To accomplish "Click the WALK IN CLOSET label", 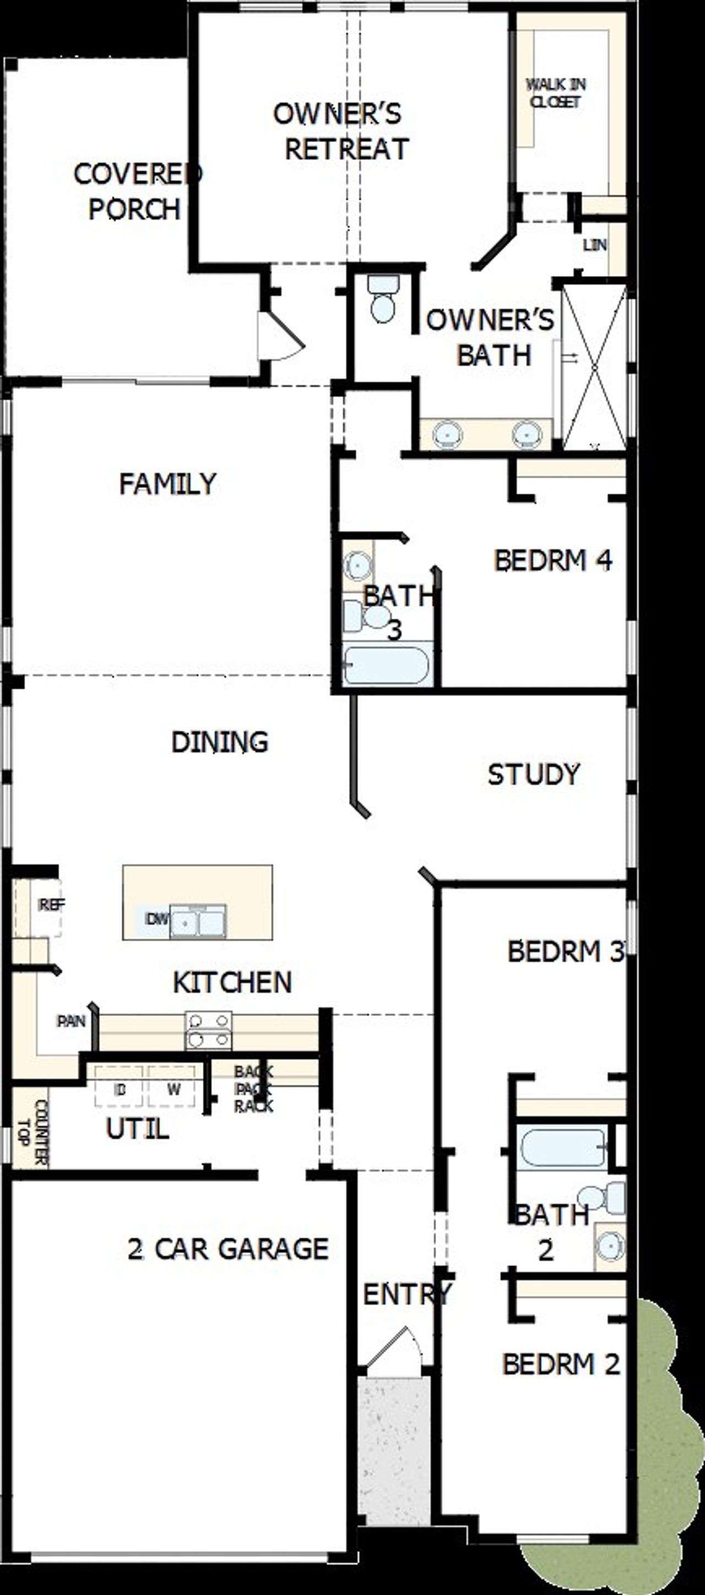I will tap(556, 93).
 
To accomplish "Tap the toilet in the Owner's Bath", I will tap(383, 300).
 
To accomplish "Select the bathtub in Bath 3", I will tap(386, 665).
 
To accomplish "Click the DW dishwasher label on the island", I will tap(156, 919).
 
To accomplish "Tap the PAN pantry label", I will tap(71, 1021).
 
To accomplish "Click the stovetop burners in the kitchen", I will tap(209, 1030).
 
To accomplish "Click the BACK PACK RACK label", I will tap(254, 1088).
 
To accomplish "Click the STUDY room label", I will tap(534, 774).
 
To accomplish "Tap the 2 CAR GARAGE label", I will tap(228, 1249).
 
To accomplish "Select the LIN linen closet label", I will tap(594, 245).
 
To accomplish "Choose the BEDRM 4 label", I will tap(553, 560).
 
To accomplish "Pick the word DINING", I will tap(220, 742).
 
